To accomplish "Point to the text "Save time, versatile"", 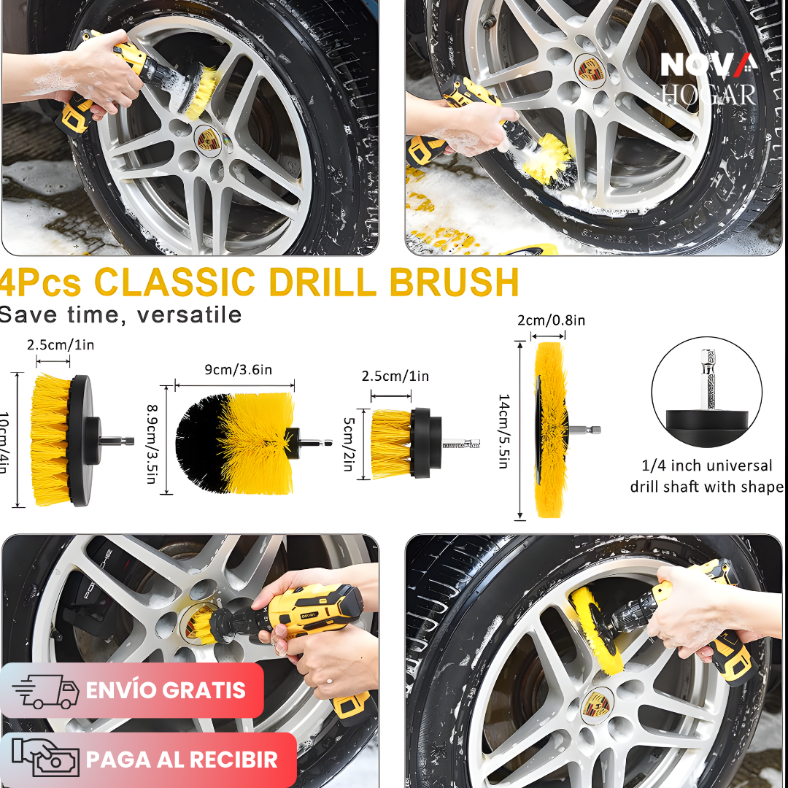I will [120, 315].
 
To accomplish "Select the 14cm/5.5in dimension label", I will [504, 430].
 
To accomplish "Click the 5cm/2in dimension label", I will [348, 443].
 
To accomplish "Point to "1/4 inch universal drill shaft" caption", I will [706, 476].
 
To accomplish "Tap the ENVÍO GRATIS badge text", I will [166, 690].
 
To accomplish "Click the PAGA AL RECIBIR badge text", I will [182, 760].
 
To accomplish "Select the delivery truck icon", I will [46, 691].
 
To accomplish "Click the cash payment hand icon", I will [46, 759].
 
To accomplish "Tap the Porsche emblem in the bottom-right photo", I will [598, 705].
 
